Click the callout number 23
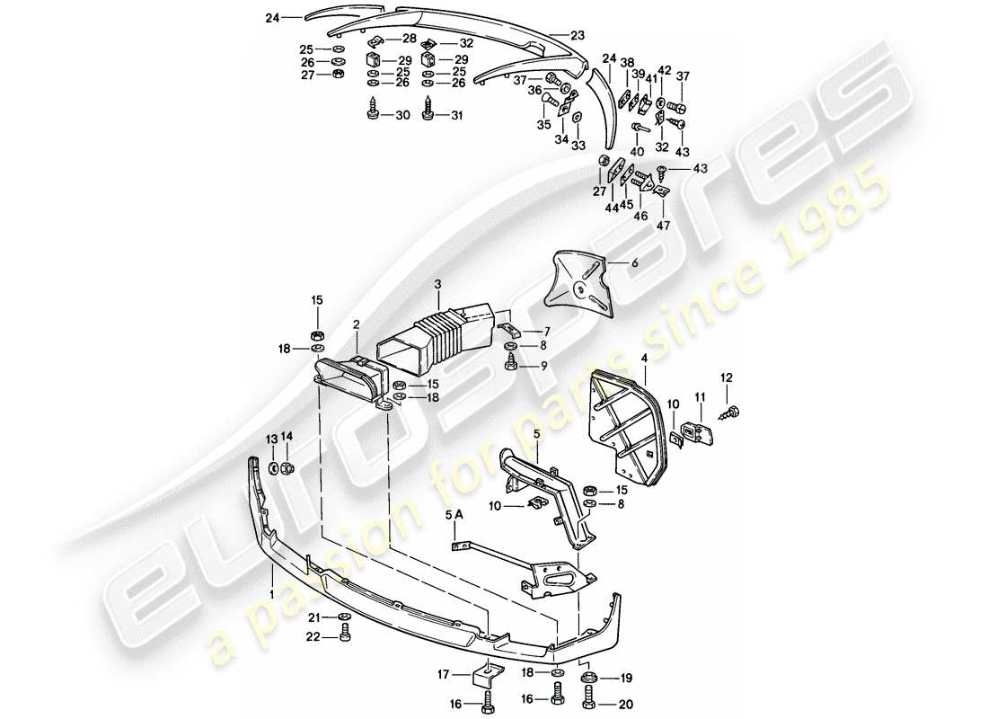pyautogui.click(x=576, y=34)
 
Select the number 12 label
pyautogui.click(x=727, y=377)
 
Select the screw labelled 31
pyautogui.click(x=430, y=111)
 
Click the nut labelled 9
pyautogui.click(x=510, y=364)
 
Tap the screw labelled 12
pyautogui.click(x=728, y=411)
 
